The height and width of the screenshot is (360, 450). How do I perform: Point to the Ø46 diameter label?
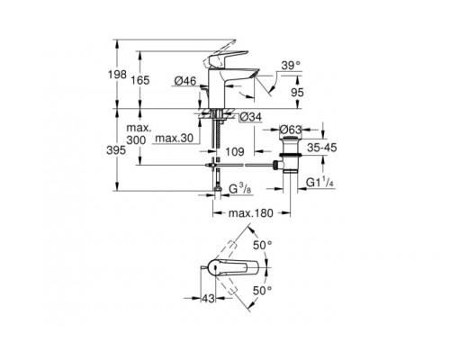[185, 82]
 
